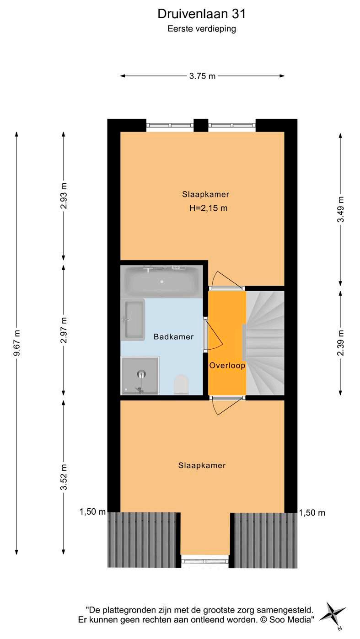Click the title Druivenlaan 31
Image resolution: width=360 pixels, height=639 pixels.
click(x=202, y=14)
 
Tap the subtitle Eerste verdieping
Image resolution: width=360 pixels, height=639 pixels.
click(x=202, y=29)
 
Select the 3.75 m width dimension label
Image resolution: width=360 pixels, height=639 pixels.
click(x=202, y=76)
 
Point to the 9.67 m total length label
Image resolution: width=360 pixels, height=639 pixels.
click(x=17, y=343)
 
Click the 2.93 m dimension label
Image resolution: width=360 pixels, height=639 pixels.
click(x=64, y=196)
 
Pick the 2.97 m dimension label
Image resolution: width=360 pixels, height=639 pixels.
click(x=64, y=330)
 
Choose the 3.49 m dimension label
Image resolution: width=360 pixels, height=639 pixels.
click(x=341, y=209)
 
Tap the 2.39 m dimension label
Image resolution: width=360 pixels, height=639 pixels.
click(x=341, y=343)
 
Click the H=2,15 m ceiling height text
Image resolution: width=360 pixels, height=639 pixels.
click(x=208, y=208)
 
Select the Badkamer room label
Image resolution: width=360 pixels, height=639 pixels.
click(x=173, y=336)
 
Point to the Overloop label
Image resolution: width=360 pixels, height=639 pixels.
click(x=227, y=365)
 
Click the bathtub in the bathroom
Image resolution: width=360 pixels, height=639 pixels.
click(x=161, y=282)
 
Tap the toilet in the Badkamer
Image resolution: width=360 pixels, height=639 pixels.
click(x=181, y=384)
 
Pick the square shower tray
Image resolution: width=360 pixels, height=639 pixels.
click(x=140, y=376)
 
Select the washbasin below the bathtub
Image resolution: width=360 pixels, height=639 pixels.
click(x=133, y=320)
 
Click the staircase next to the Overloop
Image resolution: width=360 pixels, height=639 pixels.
click(x=265, y=343)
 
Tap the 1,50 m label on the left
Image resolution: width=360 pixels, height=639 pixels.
click(x=92, y=512)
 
